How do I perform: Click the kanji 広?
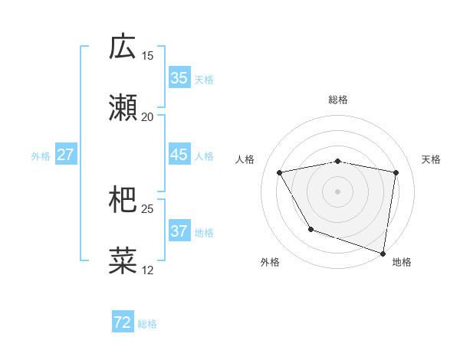[x=123, y=47]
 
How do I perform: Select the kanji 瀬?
[x=123, y=108]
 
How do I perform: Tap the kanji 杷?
[x=123, y=200]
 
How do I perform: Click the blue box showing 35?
[x=179, y=77]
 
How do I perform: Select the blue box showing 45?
[x=179, y=155]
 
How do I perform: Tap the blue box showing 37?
[x=179, y=231]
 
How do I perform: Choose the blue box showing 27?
[x=65, y=155]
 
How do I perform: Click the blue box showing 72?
[x=123, y=322]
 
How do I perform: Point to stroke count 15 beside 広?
[x=147, y=56]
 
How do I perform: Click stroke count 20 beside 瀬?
[x=147, y=117]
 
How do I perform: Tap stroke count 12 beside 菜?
[x=147, y=270]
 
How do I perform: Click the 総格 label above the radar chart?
[x=337, y=100]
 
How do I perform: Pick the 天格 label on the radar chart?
[x=431, y=159]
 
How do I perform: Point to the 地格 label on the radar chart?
[x=402, y=262]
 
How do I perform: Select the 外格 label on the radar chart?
[x=270, y=262]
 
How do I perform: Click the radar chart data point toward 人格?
[x=280, y=173]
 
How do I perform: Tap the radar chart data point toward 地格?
[x=383, y=252]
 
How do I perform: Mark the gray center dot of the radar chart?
[x=337, y=191]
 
